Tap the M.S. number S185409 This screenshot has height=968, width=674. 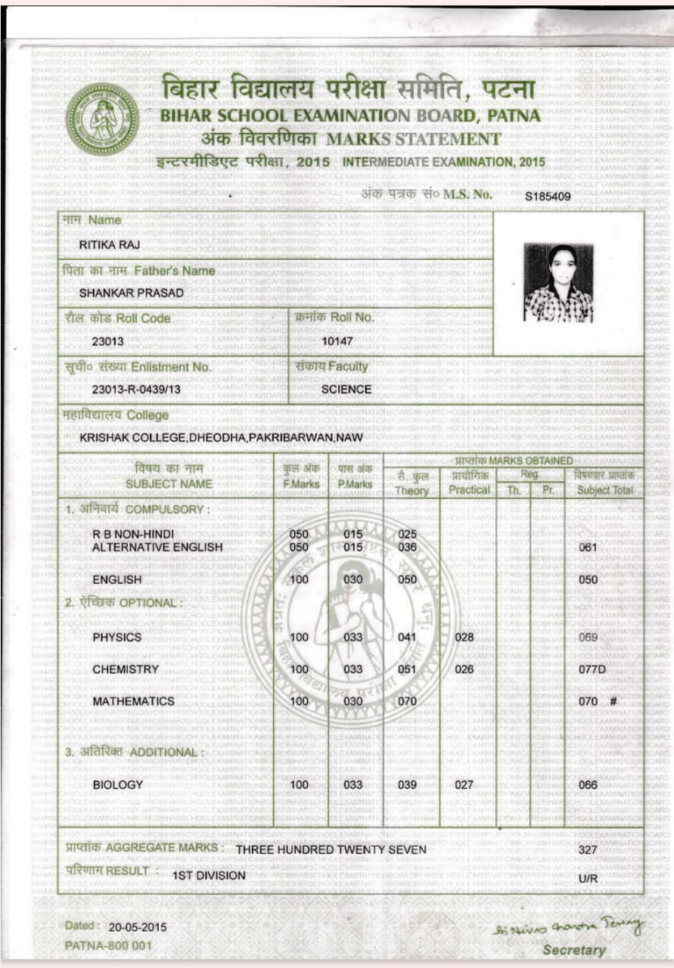coord(548,197)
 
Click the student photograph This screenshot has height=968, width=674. coord(558,283)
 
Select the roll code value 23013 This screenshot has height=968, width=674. coord(107,341)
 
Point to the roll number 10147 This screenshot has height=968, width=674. coord(337,341)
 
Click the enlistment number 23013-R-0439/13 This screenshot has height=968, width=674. coord(136,389)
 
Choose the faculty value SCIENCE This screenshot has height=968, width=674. coord(346,389)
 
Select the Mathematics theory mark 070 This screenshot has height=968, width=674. coord(407,701)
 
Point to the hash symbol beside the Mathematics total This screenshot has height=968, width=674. coord(613,701)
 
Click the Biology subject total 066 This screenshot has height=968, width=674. coord(588,785)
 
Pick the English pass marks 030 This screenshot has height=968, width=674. coord(353,579)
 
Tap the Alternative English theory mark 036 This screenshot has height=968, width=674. coord(407,547)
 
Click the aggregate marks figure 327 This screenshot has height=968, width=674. coord(588,849)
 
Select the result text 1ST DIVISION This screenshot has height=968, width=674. coord(209,876)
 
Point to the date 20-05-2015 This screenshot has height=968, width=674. coord(138,926)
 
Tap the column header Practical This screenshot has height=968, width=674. coord(469,490)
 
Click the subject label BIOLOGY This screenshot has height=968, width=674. coord(117,785)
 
